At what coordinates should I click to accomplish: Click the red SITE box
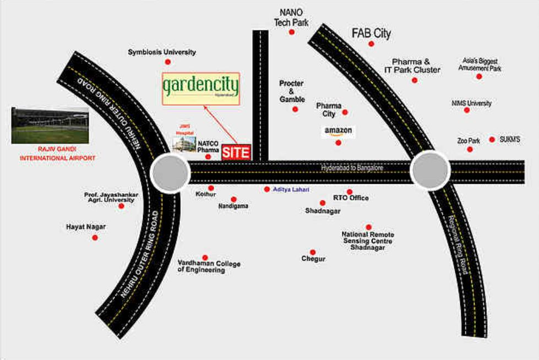(x=236, y=152)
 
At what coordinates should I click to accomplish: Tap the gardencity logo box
(x=201, y=89)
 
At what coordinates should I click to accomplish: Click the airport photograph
(x=50, y=125)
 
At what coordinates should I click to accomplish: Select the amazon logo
(x=339, y=132)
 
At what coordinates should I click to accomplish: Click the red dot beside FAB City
(x=372, y=43)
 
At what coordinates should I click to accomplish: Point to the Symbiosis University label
(x=162, y=52)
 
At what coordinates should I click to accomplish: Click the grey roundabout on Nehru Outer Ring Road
(x=169, y=173)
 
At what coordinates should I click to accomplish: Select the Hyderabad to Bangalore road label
(x=352, y=167)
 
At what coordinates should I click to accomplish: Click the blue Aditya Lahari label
(x=291, y=189)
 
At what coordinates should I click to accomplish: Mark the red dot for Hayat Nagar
(x=95, y=238)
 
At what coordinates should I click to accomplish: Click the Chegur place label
(x=313, y=259)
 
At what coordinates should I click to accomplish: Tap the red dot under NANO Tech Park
(x=292, y=32)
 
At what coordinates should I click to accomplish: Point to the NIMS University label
(x=471, y=103)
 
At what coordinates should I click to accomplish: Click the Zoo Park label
(x=469, y=141)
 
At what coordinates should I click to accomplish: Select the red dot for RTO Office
(x=350, y=192)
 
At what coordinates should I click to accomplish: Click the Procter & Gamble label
(x=292, y=91)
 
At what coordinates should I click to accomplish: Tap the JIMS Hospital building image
(x=183, y=144)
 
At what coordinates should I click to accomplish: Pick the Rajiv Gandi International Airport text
(x=57, y=154)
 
